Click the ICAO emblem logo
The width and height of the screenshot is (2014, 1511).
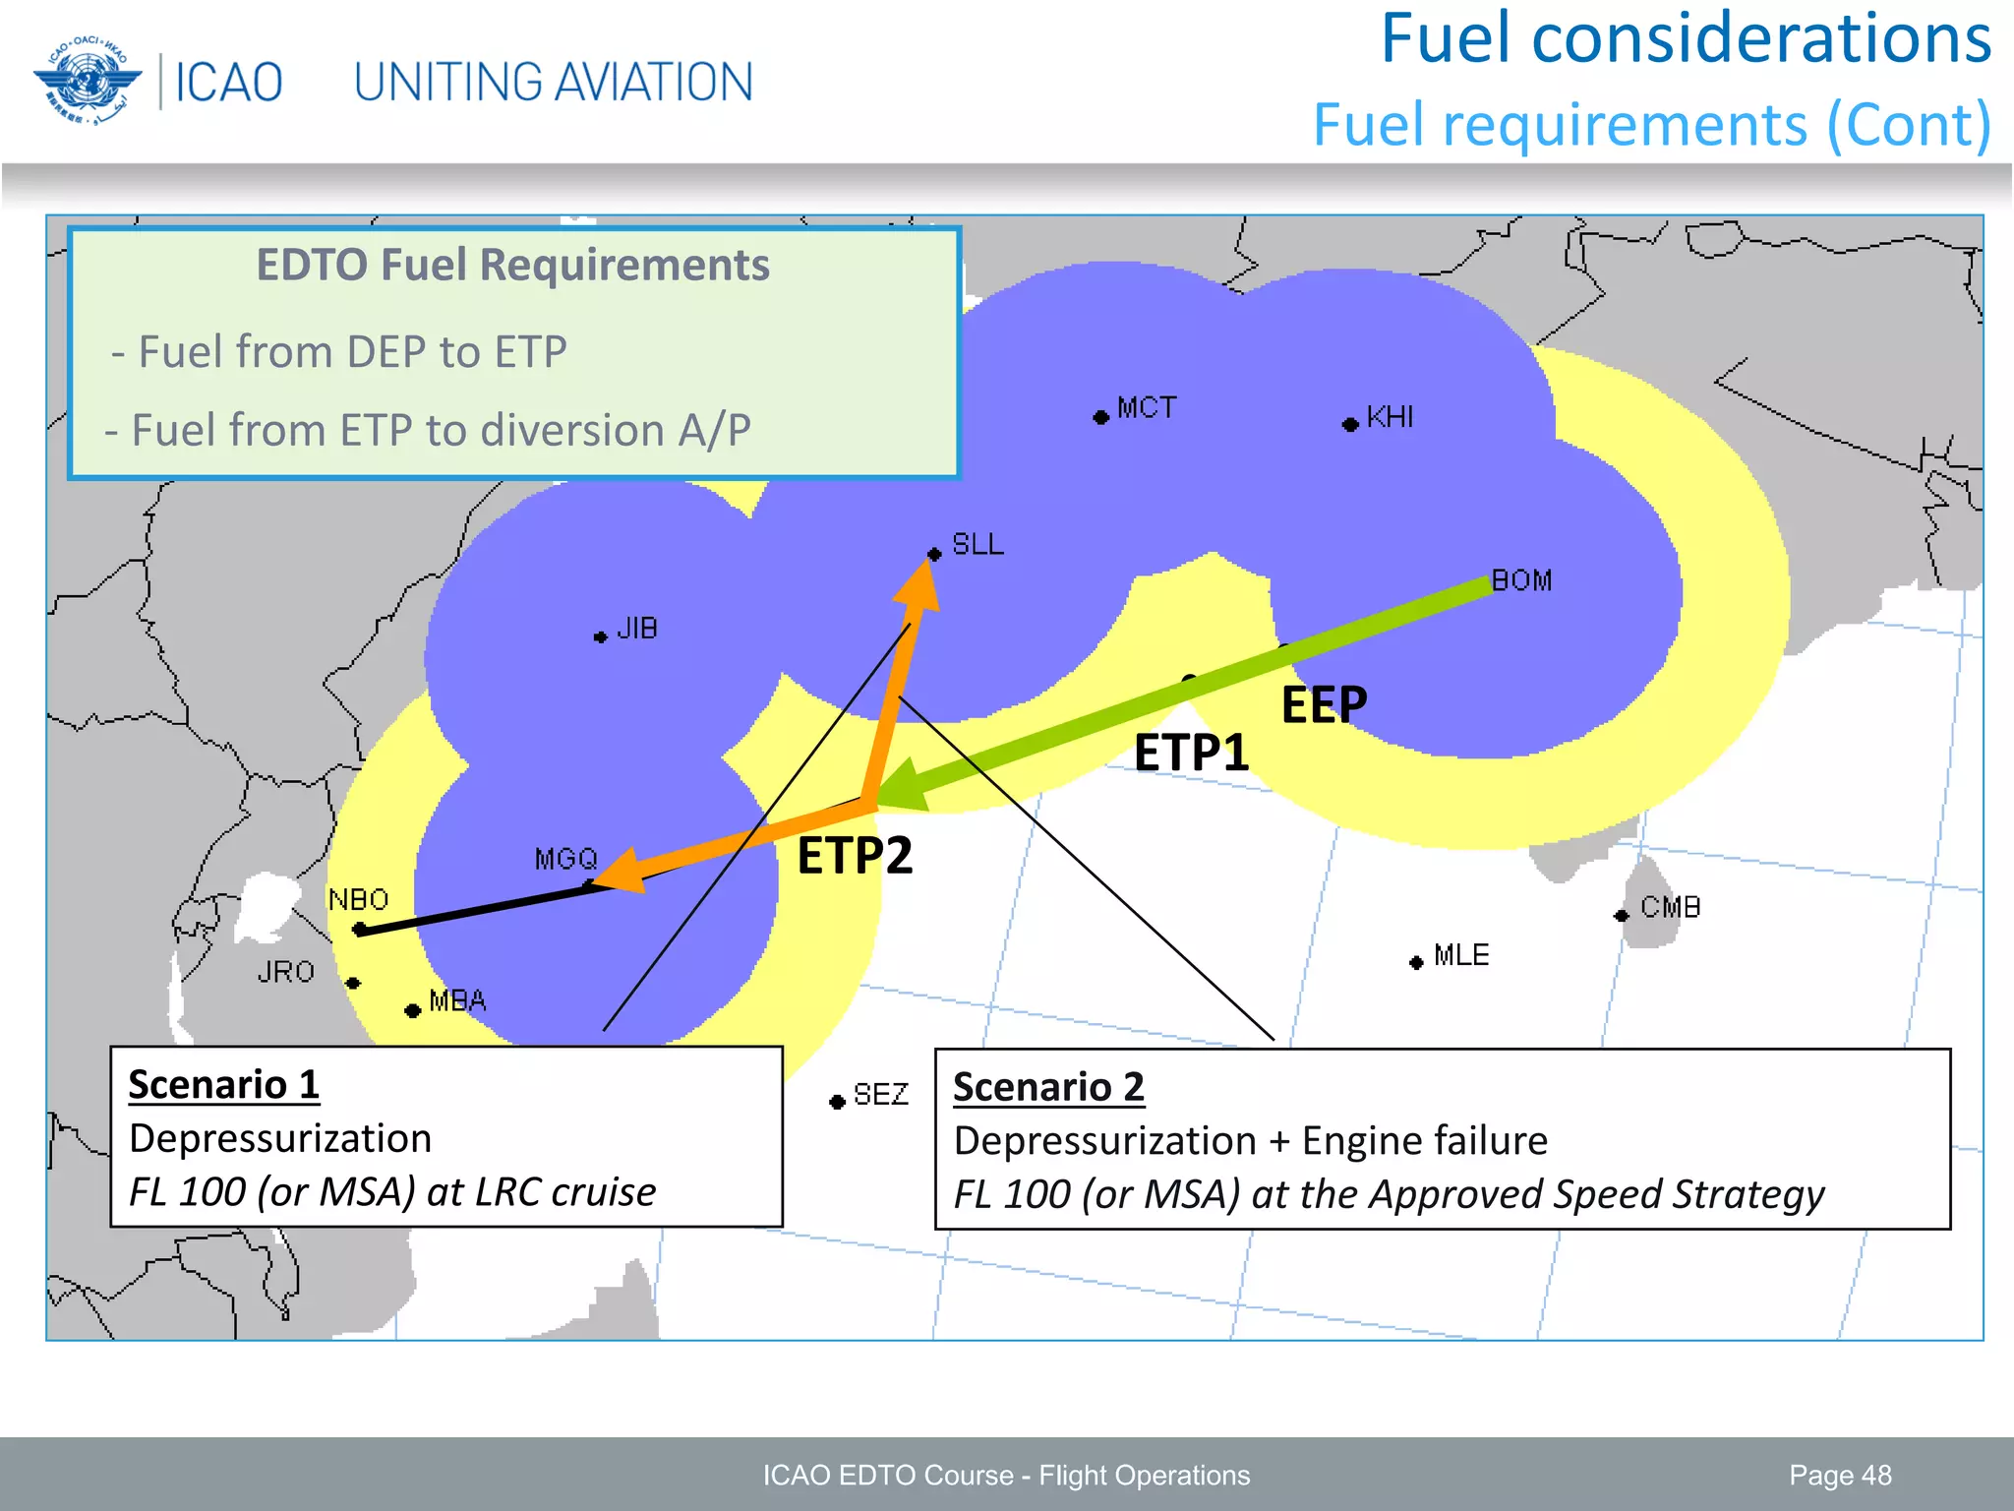point(87,81)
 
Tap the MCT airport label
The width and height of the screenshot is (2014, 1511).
point(1147,407)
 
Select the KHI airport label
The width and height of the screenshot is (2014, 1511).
point(1390,417)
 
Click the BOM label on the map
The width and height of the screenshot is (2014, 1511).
point(1521,580)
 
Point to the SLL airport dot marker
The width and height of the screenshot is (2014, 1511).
point(934,554)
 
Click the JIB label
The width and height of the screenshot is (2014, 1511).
point(637,629)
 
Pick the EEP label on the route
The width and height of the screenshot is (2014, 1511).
point(1324,704)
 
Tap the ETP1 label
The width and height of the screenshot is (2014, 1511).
point(1191,754)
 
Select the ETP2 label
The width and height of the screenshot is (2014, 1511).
point(855,855)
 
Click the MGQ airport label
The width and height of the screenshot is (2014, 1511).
point(565,859)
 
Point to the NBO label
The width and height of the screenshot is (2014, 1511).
point(358,899)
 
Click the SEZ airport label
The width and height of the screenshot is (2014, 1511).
point(880,1094)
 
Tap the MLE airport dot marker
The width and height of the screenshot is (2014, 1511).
point(1416,962)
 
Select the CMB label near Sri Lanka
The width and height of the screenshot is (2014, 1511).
point(1670,907)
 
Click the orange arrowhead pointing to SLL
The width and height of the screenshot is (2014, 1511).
point(919,587)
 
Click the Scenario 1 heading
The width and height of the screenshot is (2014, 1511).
point(224,1084)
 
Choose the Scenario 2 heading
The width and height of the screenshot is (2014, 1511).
point(1048,1087)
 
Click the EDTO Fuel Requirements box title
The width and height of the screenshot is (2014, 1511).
point(512,265)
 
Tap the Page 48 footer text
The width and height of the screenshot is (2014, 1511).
point(1840,1475)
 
